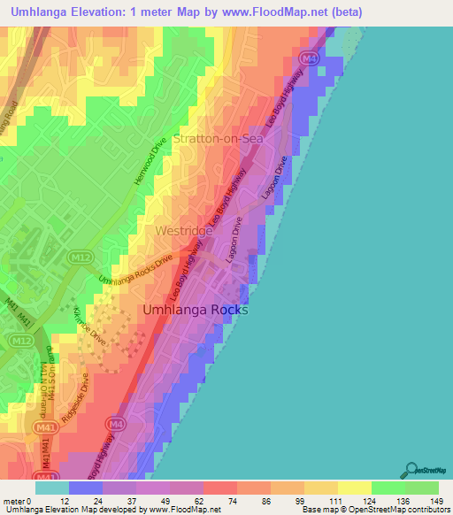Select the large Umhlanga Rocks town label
click(x=196, y=311)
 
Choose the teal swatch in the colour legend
click(x=51, y=487)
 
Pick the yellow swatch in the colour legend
click(x=354, y=487)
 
